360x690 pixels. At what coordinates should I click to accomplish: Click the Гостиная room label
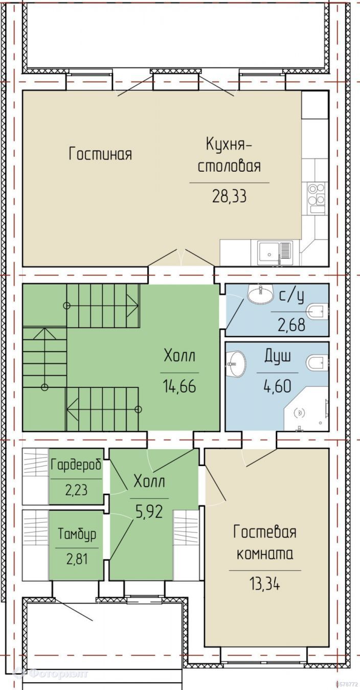[100, 153]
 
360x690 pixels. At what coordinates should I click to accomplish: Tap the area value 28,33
[229, 196]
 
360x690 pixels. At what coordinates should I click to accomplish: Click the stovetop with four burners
[317, 198]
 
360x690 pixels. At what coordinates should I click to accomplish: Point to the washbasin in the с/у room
[260, 294]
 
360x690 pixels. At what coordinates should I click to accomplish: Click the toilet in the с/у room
[318, 311]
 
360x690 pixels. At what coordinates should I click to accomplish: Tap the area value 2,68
[291, 325]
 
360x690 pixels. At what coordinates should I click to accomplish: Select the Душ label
[277, 357]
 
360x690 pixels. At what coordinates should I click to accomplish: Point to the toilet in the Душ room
[318, 362]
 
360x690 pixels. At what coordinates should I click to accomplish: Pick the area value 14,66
[179, 386]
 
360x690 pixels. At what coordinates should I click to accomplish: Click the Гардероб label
[76, 464]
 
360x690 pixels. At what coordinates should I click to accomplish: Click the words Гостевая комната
[265, 543]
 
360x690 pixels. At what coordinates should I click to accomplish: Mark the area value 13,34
[265, 583]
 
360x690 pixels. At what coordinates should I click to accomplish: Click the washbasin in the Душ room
[236, 363]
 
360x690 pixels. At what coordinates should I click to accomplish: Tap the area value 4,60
[277, 386]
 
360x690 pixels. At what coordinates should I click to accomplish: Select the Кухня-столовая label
[229, 155]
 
